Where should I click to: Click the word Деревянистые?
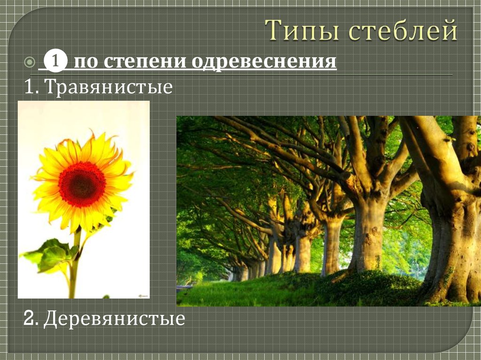115,319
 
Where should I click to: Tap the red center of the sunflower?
82,184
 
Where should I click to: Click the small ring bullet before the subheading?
29,62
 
